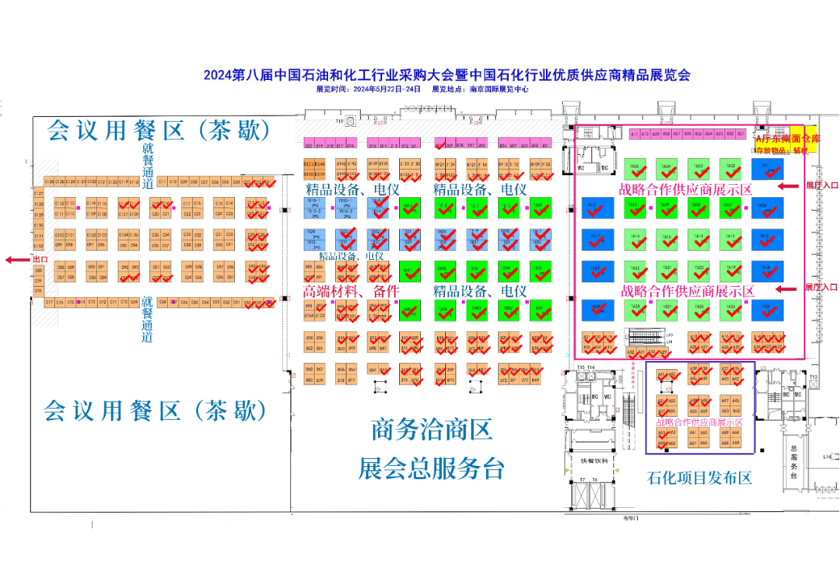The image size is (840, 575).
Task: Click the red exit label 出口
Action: point(40,258)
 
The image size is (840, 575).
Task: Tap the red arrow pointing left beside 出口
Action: point(16,259)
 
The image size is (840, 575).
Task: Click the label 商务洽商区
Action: point(432,429)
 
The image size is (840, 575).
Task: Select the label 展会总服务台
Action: point(432,468)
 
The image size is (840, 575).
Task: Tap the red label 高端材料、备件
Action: point(351,291)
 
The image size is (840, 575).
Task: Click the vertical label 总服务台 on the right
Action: point(794,461)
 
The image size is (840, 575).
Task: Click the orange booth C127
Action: point(38,193)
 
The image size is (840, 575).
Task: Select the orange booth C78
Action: point(38,290)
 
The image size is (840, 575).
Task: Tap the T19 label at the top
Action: point(339,122)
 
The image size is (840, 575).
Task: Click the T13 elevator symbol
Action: point(814,377)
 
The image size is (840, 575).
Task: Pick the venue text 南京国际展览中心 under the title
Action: point(499,89)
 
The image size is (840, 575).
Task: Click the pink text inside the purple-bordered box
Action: point(700,422)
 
